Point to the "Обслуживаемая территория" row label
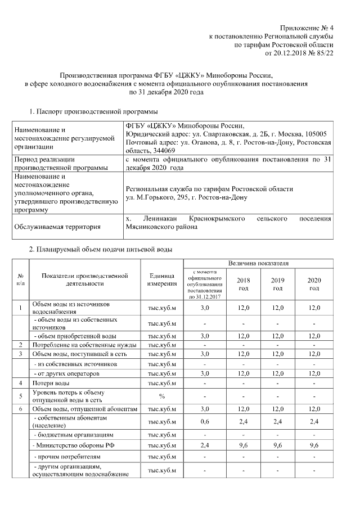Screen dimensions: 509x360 (x=58, y=227)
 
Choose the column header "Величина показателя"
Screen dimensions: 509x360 (x=258, y=263)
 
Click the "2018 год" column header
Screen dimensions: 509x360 (x=244, y=284)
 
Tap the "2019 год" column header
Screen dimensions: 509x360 (x=277, y=284)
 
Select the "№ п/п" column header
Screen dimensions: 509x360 (x=20, y=280)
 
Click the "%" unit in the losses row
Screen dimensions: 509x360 (x=161, y=396)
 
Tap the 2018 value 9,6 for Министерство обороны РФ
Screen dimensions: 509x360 (x=244, y=445)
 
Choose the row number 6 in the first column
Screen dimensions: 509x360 (x=20, y=409)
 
